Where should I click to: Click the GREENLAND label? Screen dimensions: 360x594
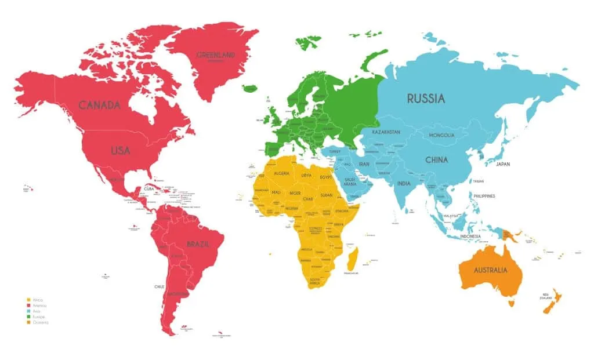point(215,55)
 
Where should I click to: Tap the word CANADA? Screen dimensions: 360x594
point(99,105)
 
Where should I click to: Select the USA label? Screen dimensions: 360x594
point(120,150)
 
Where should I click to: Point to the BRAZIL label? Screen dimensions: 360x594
point(198,244)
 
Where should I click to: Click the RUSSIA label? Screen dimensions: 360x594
point(425,99)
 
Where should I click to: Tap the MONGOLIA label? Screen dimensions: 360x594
point(441,135)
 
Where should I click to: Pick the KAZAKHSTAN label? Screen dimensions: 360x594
point(386,132)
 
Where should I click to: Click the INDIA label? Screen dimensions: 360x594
point(404,184)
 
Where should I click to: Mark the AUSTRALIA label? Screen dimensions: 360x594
point(490,270)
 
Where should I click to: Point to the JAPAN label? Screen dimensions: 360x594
point(502,164)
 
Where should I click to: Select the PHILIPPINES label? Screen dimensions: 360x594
point(484,196)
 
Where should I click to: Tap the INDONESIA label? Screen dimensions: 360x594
point(470,237)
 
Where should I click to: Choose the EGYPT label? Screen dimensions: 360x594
point(325,176)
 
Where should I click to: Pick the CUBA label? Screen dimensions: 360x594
point(149,188)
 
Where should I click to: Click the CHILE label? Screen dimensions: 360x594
point(159,286)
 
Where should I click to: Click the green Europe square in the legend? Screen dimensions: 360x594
point(28,317)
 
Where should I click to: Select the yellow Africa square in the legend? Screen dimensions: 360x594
point(28,300)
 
